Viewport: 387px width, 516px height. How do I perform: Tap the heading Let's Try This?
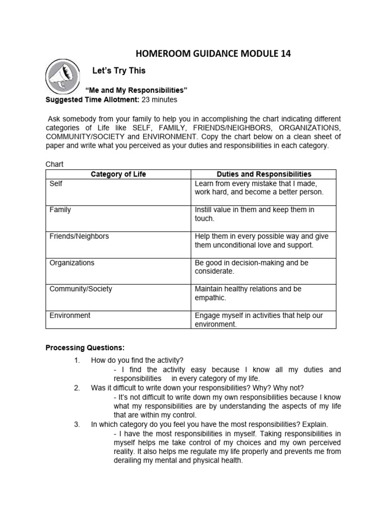coord(119,70)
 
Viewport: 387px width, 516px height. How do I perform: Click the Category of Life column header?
coord(118,174)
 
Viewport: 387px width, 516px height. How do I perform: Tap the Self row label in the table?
coord(56,183)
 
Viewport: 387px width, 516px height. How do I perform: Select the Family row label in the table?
coord(60,210)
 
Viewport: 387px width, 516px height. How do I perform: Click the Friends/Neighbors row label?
coord(79,236)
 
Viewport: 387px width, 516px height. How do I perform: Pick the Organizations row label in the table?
coord(72,263)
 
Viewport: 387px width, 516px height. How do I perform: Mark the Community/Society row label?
coord(81,289)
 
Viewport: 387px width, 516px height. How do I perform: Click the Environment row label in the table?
coord(70,315)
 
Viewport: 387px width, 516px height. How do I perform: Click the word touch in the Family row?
coord(204,219)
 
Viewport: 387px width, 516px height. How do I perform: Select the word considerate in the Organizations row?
coord(214,272)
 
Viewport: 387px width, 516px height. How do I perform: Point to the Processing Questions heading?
coord(85,347)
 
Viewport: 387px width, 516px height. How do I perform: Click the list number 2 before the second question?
coord(77,388)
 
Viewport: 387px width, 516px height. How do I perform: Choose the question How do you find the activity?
coord(137,360)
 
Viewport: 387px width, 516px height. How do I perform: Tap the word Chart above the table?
coord(54,164)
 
